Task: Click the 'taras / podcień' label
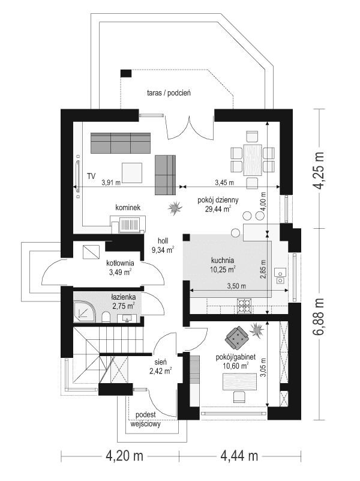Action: [169, 93]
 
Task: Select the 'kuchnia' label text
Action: [223, 261]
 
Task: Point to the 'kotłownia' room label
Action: [119, 263]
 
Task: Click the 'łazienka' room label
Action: [123, 297]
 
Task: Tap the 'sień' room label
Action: [161, 363]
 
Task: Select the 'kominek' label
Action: [128, 208]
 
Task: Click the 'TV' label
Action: [91, 177]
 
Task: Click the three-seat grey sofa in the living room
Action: [120, 144]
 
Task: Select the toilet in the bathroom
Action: [105, 316]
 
